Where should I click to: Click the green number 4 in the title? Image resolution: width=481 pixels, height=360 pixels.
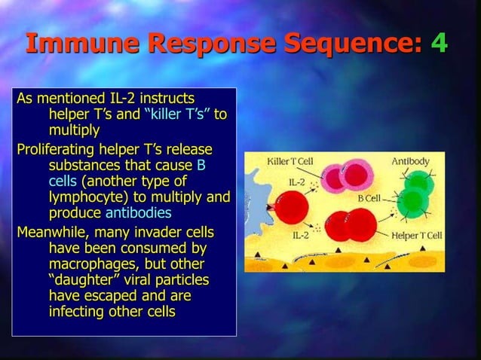tap(439, 43)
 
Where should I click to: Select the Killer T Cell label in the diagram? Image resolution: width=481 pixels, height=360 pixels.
tap(293, 160)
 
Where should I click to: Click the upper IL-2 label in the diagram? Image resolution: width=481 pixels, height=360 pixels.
tap(297, 182)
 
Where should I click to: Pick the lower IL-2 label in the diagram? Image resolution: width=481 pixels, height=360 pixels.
tap(300, 235)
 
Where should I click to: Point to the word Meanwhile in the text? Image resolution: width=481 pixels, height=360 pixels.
tap(53, 230)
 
